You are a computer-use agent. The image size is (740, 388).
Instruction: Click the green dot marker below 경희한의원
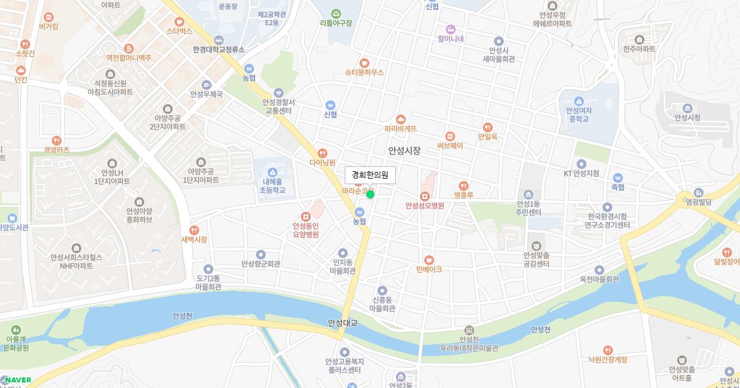click(370, 195)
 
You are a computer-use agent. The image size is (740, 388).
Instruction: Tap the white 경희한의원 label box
click(370, 174)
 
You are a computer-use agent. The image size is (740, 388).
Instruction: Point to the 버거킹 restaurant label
click(48, 26)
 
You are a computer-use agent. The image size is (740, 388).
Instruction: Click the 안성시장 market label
click(404, 150)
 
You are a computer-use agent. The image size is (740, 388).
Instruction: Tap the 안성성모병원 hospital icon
click(424, 196)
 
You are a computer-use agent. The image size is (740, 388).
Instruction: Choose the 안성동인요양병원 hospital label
click(305, 230)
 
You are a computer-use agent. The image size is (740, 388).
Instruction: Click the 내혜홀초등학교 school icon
click(273, 171)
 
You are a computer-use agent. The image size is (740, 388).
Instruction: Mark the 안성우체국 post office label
click(206, 94)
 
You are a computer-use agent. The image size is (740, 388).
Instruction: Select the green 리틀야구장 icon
click(336, 13)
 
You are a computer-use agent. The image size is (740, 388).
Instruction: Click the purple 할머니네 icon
click(450, 28)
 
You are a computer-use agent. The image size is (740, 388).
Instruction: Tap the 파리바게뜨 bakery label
click(401, 129)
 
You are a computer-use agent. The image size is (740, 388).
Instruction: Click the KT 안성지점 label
click(581, 173)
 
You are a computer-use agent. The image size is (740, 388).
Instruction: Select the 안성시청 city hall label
click(688, 117)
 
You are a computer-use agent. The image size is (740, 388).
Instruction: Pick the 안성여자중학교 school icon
click(578, 101)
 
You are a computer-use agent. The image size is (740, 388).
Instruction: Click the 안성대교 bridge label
click(343, 323)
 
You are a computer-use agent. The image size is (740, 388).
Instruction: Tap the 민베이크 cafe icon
click(429, 259)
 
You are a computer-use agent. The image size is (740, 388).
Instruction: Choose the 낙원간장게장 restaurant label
click(607, 360)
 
